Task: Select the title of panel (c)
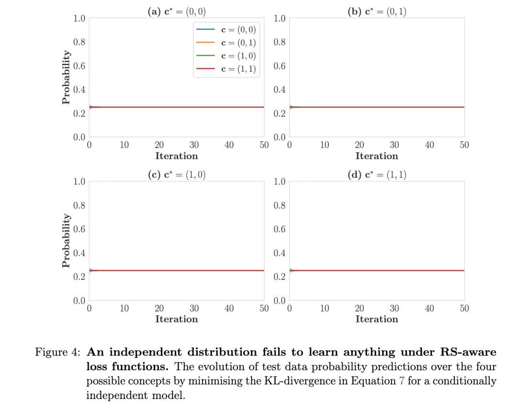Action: pyautogui.click(x=177, y=175)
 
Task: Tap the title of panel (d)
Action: pyautogui.click(x=377, y=175)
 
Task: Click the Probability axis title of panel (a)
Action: pyautogui.click(x=66, y=78)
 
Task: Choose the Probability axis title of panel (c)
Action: pyautogui.click(x=66, y=241)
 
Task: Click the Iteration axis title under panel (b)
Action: pyautogui.click(x=377, y=156)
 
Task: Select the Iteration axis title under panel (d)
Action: pyautogui.click(x=377, y=319)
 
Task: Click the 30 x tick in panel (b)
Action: pyautogui.click(x=394, y=145)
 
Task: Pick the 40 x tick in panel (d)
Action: pyautogui.click(x=429, y=309)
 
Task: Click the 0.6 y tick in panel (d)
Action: pyautogui.click(x=279, y=229)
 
